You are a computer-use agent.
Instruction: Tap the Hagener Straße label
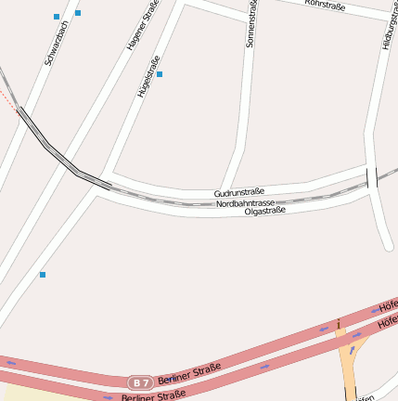[143, 25]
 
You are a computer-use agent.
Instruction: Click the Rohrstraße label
[325, 6]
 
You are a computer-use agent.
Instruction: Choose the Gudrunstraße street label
[239, 192]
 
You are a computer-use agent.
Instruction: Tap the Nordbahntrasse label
[245, 202]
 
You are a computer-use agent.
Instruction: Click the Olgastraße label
[264, 211]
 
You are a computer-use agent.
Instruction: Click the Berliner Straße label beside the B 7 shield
[189, 374]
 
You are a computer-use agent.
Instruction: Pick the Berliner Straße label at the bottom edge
[153, 395]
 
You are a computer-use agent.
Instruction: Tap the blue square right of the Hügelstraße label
[160, 73]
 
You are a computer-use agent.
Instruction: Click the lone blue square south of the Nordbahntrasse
[42, 275]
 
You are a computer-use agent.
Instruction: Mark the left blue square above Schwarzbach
[57, 17]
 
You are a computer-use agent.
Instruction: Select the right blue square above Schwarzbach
[78, 13]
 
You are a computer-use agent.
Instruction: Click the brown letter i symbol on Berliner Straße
[340, 322]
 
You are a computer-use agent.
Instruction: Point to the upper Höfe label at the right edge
[389, 306]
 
